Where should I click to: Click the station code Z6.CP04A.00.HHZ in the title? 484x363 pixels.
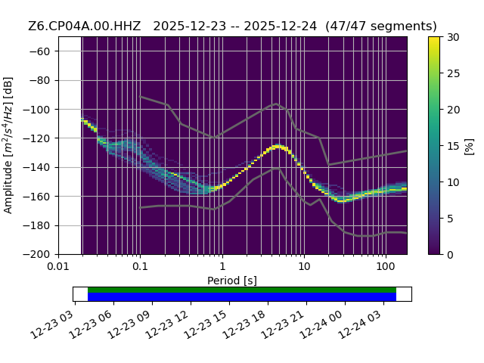(84, 26)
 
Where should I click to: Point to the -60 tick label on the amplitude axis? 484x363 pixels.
(39, 51)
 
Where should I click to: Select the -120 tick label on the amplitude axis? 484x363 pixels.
(37, 138)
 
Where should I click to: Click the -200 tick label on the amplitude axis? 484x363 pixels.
(37, 255)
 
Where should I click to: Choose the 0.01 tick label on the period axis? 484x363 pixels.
(58, 266)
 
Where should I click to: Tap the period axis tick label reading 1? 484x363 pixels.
(222, 266)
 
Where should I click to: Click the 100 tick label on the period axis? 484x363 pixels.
(386, 266)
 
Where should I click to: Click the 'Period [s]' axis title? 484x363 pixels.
(232, 281)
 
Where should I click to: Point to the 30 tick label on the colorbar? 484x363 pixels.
(453, 37)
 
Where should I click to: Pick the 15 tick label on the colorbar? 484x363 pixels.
(453, 146)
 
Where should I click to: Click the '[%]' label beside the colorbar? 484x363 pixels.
(469, 147)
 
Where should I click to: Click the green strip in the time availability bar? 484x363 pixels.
(242, 290)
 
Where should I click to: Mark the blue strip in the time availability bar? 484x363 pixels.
(242, 296)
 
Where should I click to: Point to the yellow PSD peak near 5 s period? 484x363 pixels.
(278, 146)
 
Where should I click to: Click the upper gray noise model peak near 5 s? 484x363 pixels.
(276, 104)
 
